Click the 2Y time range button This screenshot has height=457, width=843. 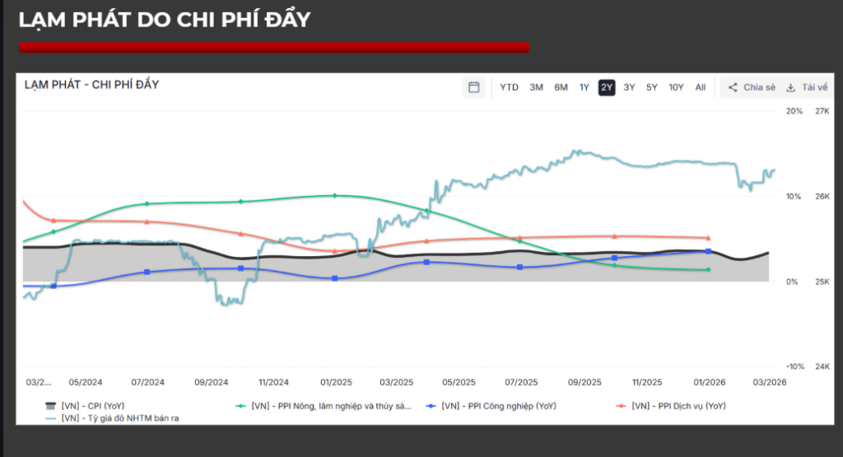tap(607, 87)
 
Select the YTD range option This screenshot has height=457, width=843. tap(509, 87)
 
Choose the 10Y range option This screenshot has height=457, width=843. tap(676, 87)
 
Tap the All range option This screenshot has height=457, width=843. tap(700, 87)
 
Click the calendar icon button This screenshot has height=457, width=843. tap(473, 87)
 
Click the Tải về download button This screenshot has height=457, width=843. tap(806, 87)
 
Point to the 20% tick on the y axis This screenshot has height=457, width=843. tap(794, 110)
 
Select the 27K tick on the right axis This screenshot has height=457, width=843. tap(822, 110)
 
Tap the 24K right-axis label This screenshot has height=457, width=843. tap(822, 366)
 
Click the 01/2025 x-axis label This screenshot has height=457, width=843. tap(336, 382)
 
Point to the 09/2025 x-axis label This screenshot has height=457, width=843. tap(584, 382)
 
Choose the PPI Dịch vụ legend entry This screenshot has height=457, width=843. tap(678, 406)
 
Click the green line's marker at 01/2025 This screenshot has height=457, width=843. tap(335, 195)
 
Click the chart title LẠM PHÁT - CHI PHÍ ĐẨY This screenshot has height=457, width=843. tap(91, 85)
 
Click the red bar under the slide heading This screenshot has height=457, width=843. tap(274, 48)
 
